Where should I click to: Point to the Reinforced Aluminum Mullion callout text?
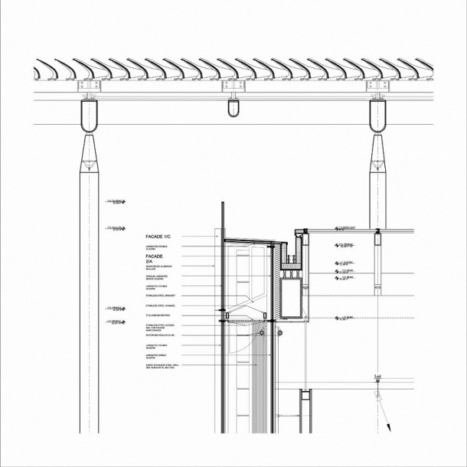[154, 268]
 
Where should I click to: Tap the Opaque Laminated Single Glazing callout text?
[155, 277]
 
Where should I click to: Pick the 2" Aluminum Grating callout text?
[157, 315]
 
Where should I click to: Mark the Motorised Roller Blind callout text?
[160, 335]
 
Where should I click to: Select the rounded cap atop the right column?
[376, 116]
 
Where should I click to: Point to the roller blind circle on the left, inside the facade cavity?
[262, 335]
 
